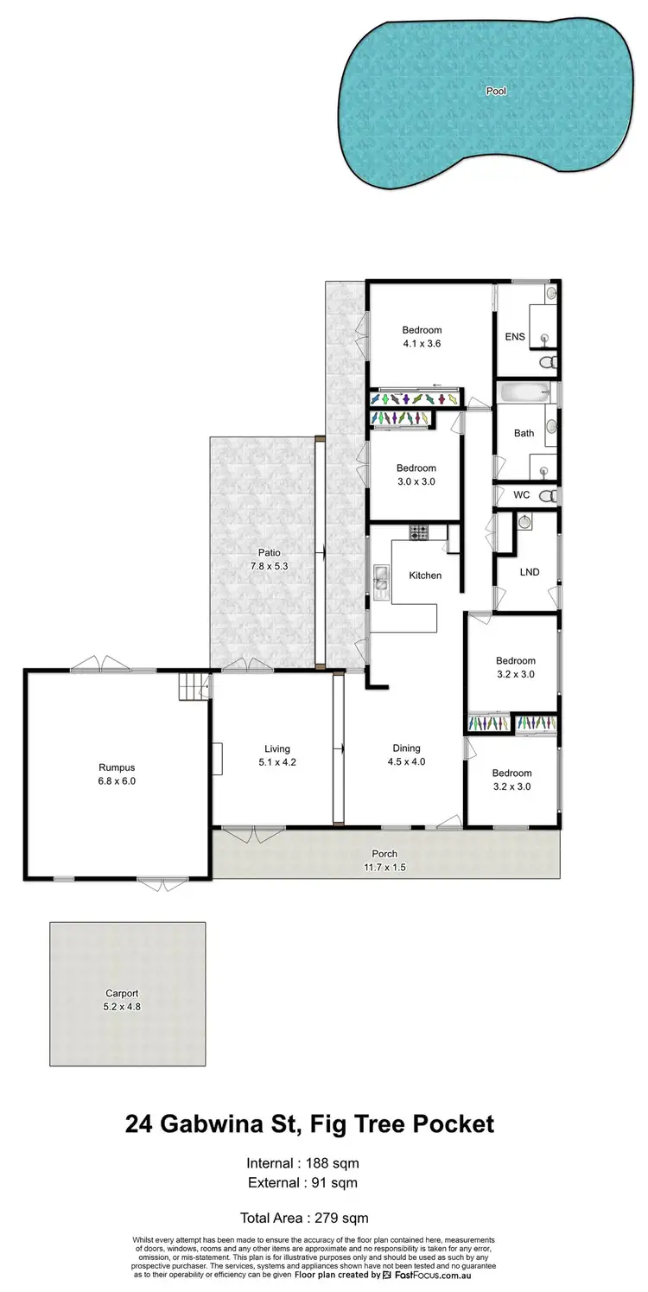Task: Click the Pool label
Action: click(x=496, y=90)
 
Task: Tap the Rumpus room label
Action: click(x=117, y=767)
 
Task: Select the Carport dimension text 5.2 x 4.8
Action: click(x=122, y=1007)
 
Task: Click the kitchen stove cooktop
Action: click(x=419, y=532)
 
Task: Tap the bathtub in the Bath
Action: click(x=524, y=393)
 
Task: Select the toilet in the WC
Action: click(x=546, y=495)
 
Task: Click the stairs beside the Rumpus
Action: click(x=192, y=687)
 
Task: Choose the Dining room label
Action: click(x=406, y=748)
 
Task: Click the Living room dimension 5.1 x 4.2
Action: click(x=277, y=762)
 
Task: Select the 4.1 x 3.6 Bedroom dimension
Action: click(x=422, y=343)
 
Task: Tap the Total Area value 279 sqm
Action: click(x=340, y=1218)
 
